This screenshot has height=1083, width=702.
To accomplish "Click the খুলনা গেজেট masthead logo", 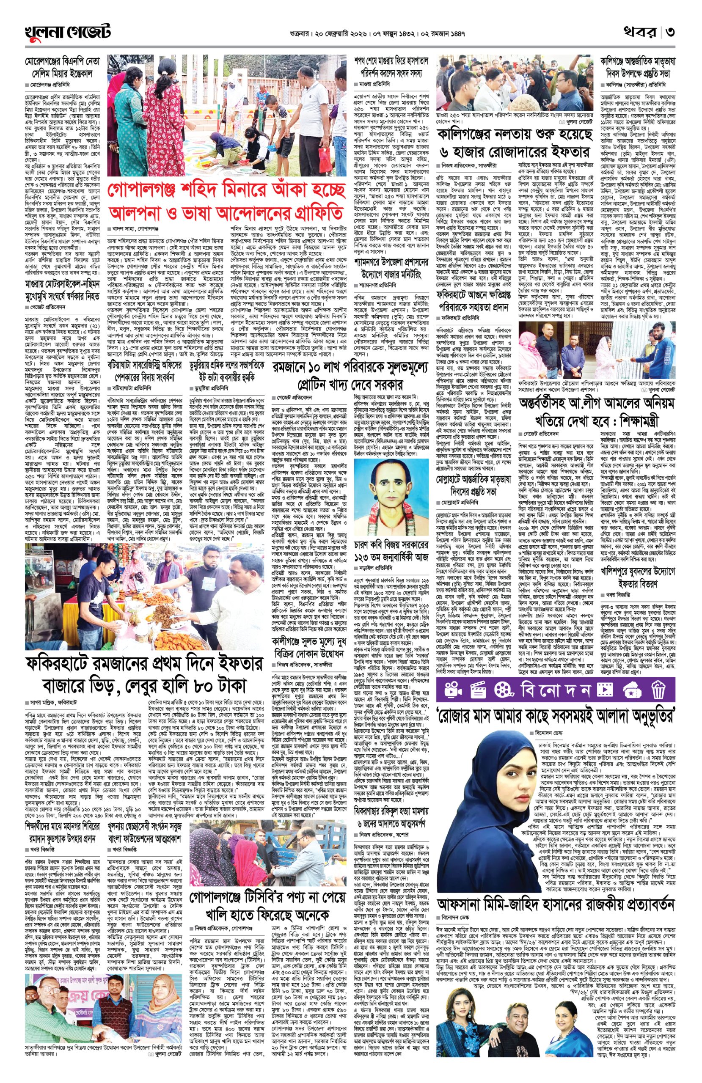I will (67, 32).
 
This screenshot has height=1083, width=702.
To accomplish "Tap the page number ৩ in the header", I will (669, 32).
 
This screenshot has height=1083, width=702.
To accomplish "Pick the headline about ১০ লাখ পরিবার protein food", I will (350, 377).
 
